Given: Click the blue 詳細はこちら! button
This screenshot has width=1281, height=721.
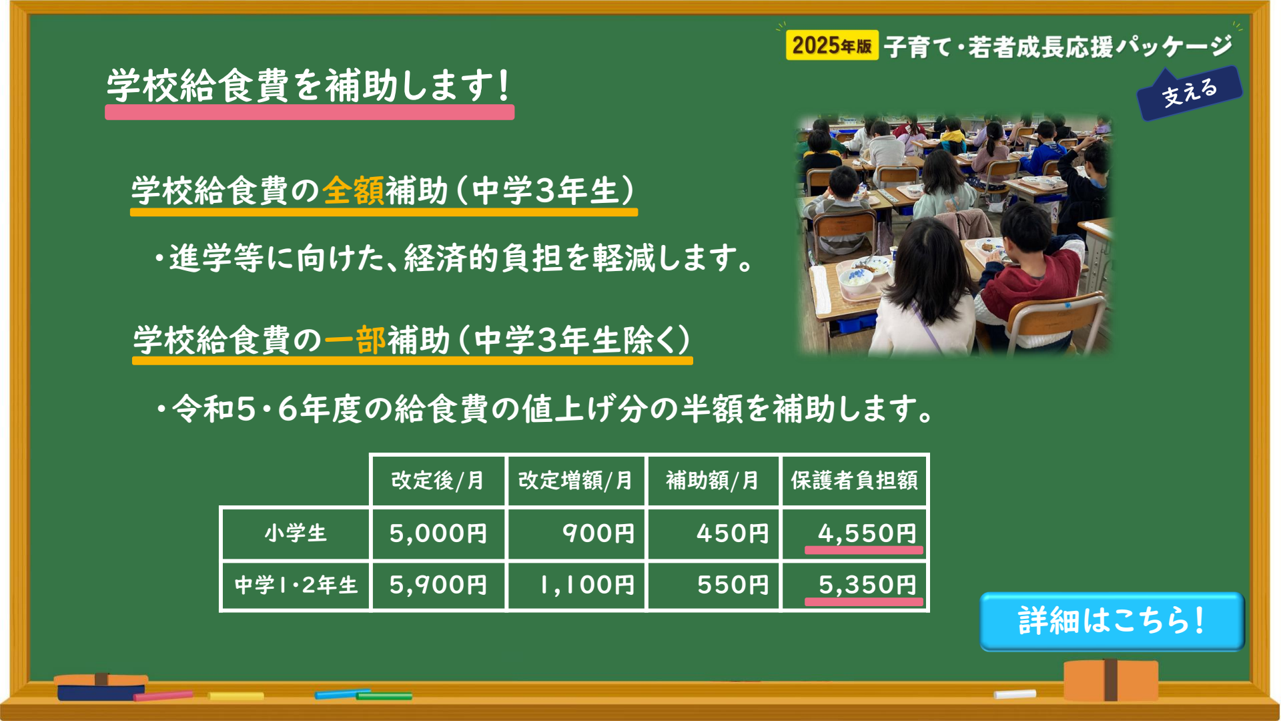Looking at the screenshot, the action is pos(1112,621).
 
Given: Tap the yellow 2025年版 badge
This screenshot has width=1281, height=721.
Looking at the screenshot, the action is pos(832,45).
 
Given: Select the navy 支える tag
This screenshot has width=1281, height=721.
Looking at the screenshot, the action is pos(1190,93).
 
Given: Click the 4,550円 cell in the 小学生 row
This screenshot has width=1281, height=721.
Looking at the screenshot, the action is pos(855,533).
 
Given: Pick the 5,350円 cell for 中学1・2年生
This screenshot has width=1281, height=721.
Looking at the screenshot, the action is pos(855,585).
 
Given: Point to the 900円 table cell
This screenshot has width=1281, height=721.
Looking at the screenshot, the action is pos(576,533).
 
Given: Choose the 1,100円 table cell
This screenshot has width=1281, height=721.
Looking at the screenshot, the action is pos(576,585).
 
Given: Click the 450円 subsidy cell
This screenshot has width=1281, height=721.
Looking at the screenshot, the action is pos(713,533).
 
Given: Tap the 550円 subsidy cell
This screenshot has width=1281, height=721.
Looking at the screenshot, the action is pos(713,585).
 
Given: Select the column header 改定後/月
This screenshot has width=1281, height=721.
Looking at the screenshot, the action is pos(438,480).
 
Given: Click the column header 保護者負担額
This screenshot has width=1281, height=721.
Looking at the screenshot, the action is pos(855,480).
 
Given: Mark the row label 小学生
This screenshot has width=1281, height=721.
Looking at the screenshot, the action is pos(296,533).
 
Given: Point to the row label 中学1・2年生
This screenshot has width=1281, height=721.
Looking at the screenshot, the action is pos(296,585).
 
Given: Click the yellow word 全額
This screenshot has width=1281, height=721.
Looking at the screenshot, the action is pos(354,191).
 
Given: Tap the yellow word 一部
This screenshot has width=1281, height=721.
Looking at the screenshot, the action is pos(355,340).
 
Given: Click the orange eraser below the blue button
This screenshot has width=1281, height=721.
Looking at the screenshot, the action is pos(1111,680).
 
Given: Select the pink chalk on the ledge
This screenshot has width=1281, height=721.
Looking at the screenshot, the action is pos(163,696).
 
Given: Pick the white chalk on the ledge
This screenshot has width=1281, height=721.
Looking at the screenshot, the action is pos(1015,694).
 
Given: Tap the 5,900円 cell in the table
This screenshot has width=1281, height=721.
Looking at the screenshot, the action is pos(438,585).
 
